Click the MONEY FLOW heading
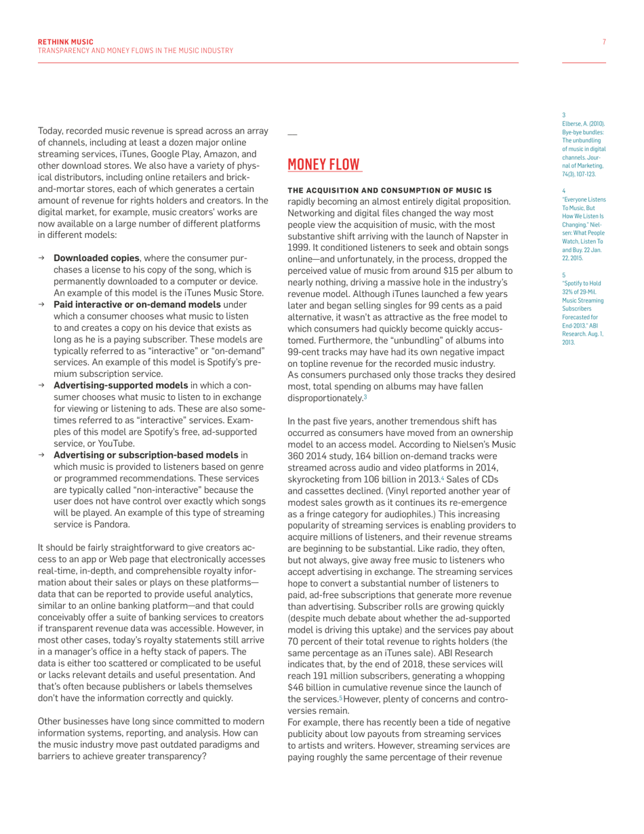tap(324, 165)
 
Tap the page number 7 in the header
tap(603, 42)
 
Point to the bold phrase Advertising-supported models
tap(121, 385)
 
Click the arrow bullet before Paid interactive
tap(42, 304)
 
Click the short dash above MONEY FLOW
tap(292, 134)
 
